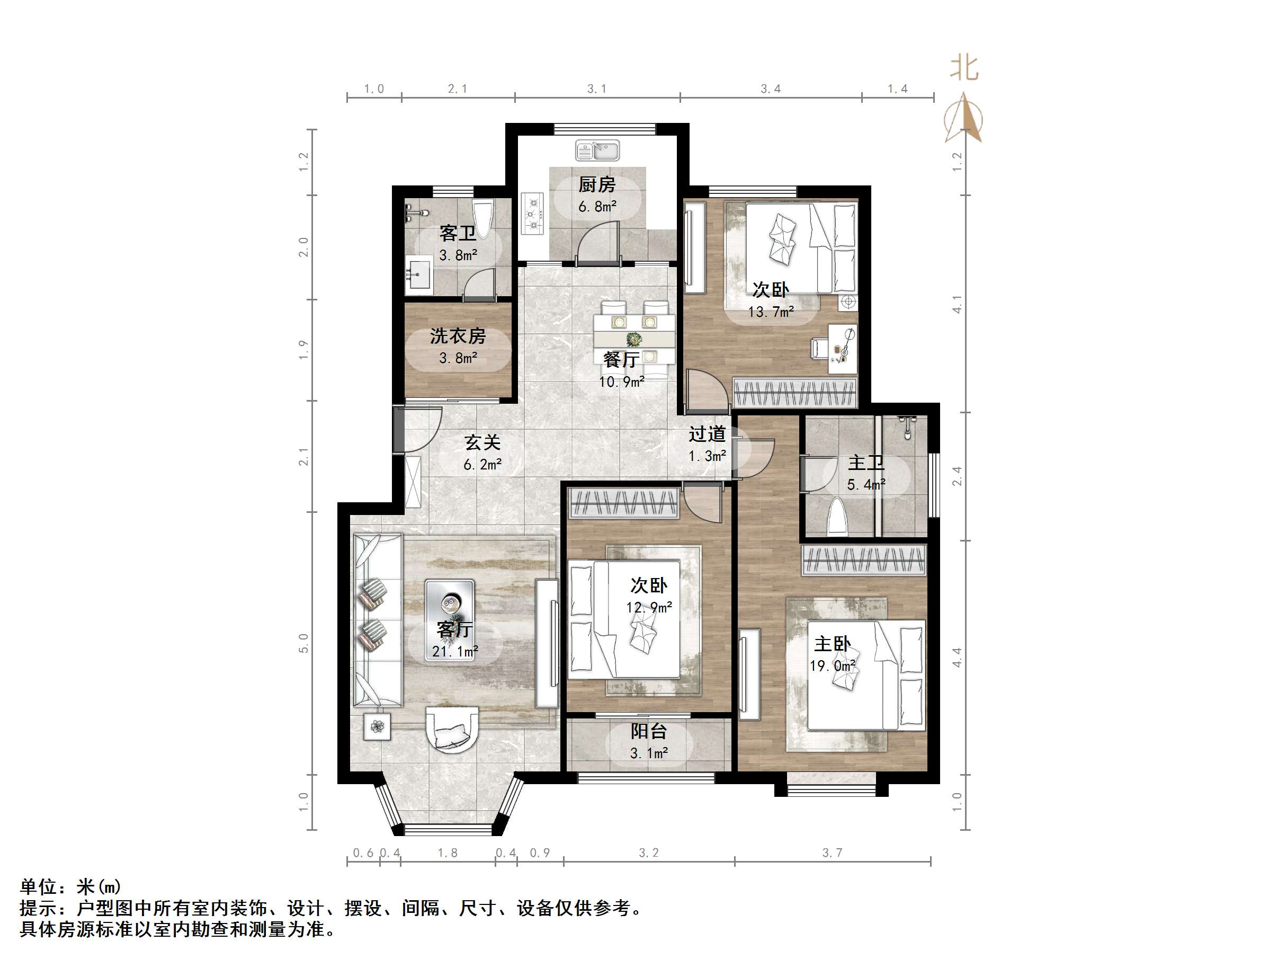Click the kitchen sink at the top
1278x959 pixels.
(x=597, y=151)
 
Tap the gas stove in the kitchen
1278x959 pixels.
(x=532, y=214)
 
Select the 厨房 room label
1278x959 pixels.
(x=597, y=185)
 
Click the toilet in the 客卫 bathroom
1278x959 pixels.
(x=481, y=217)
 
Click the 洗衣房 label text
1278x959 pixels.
(x=458, y=336)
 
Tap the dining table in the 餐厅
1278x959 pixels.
(x=634, y=339)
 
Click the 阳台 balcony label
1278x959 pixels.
(x=648, y=731)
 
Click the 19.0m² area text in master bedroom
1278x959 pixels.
(x=832, y=666)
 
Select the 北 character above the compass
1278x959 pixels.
(x=964, y=68)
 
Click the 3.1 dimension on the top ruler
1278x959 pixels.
(x=597, y=88)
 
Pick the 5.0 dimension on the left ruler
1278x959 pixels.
(x=304, y=643)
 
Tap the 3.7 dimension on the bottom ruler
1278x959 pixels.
(x=832, y=853)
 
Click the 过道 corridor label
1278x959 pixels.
(x=707, y=433)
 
